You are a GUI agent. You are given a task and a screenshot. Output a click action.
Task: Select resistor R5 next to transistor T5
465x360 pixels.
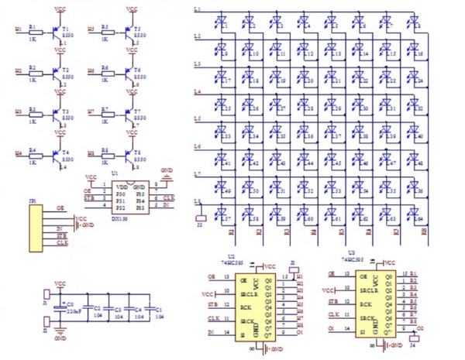click(x=107, y=32)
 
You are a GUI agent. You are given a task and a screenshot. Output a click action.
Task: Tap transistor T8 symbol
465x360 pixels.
click(x=129, y=157)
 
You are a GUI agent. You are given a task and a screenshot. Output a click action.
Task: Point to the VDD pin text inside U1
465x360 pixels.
click(x=120, y=187)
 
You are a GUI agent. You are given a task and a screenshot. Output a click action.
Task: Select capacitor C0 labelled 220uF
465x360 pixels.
click(x=62, y=305)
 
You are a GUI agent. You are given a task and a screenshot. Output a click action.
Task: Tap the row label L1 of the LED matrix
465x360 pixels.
click(x=197, y=9)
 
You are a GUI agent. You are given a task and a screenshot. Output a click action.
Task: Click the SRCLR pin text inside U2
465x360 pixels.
click(x=247, y=293)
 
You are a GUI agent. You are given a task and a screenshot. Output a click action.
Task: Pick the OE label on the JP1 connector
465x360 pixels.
click(x=60, y=209)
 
